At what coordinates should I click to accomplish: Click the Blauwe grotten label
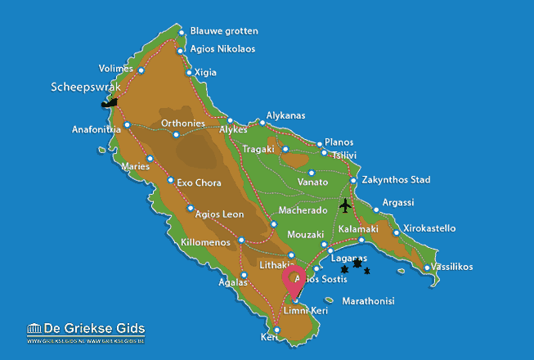(223, 31)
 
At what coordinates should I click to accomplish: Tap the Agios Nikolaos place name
(222, 49)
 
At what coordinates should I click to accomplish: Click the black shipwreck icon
(108, 103)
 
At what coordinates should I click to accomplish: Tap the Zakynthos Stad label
(396, 180)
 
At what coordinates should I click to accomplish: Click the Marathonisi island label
(368, 301)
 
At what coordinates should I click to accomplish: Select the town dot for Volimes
(141, 70)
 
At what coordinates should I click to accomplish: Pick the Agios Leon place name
(220, 214)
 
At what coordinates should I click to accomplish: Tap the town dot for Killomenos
(241, 241)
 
